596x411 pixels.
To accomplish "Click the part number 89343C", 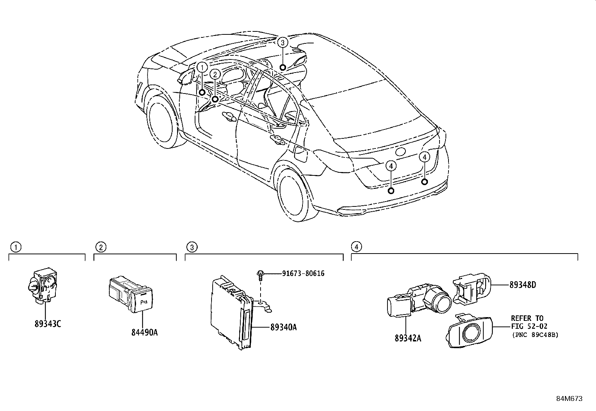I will pyautogui.click(x=47, y=324).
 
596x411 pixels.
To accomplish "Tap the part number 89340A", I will pyautogui.click(x=283, y=327).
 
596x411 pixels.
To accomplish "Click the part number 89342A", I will pyautogui.click(x=408, y=338).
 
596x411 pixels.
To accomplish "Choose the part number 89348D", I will pyautogui.click(x=522, y=285).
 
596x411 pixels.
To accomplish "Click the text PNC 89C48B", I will pyautogui.click(x=535, y=335).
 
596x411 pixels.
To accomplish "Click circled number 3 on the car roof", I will pyautogui.click(x=283, y=42).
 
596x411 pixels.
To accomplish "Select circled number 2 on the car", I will pyautogui.click(x=215, y=74).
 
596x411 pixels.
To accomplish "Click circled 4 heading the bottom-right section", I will pyautogui.click(x=356, y=247).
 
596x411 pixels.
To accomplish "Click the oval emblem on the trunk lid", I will pyautogui.click(x=400, y=152).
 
